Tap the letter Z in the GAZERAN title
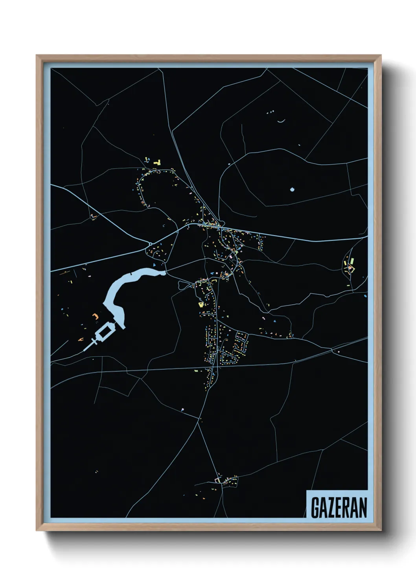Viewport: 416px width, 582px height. coord(331,508)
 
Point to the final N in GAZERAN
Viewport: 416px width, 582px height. coord(363,508)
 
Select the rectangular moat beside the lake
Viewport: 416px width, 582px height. coord(105,332)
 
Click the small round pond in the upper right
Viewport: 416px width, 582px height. coord(292,190)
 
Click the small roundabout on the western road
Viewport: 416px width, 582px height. coord(150,244)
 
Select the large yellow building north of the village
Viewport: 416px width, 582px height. coord(158,162)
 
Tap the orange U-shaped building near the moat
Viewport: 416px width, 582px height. coord(94,315)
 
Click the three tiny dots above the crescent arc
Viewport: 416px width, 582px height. coord(270,112)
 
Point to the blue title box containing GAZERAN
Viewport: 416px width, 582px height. coord(337,504)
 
